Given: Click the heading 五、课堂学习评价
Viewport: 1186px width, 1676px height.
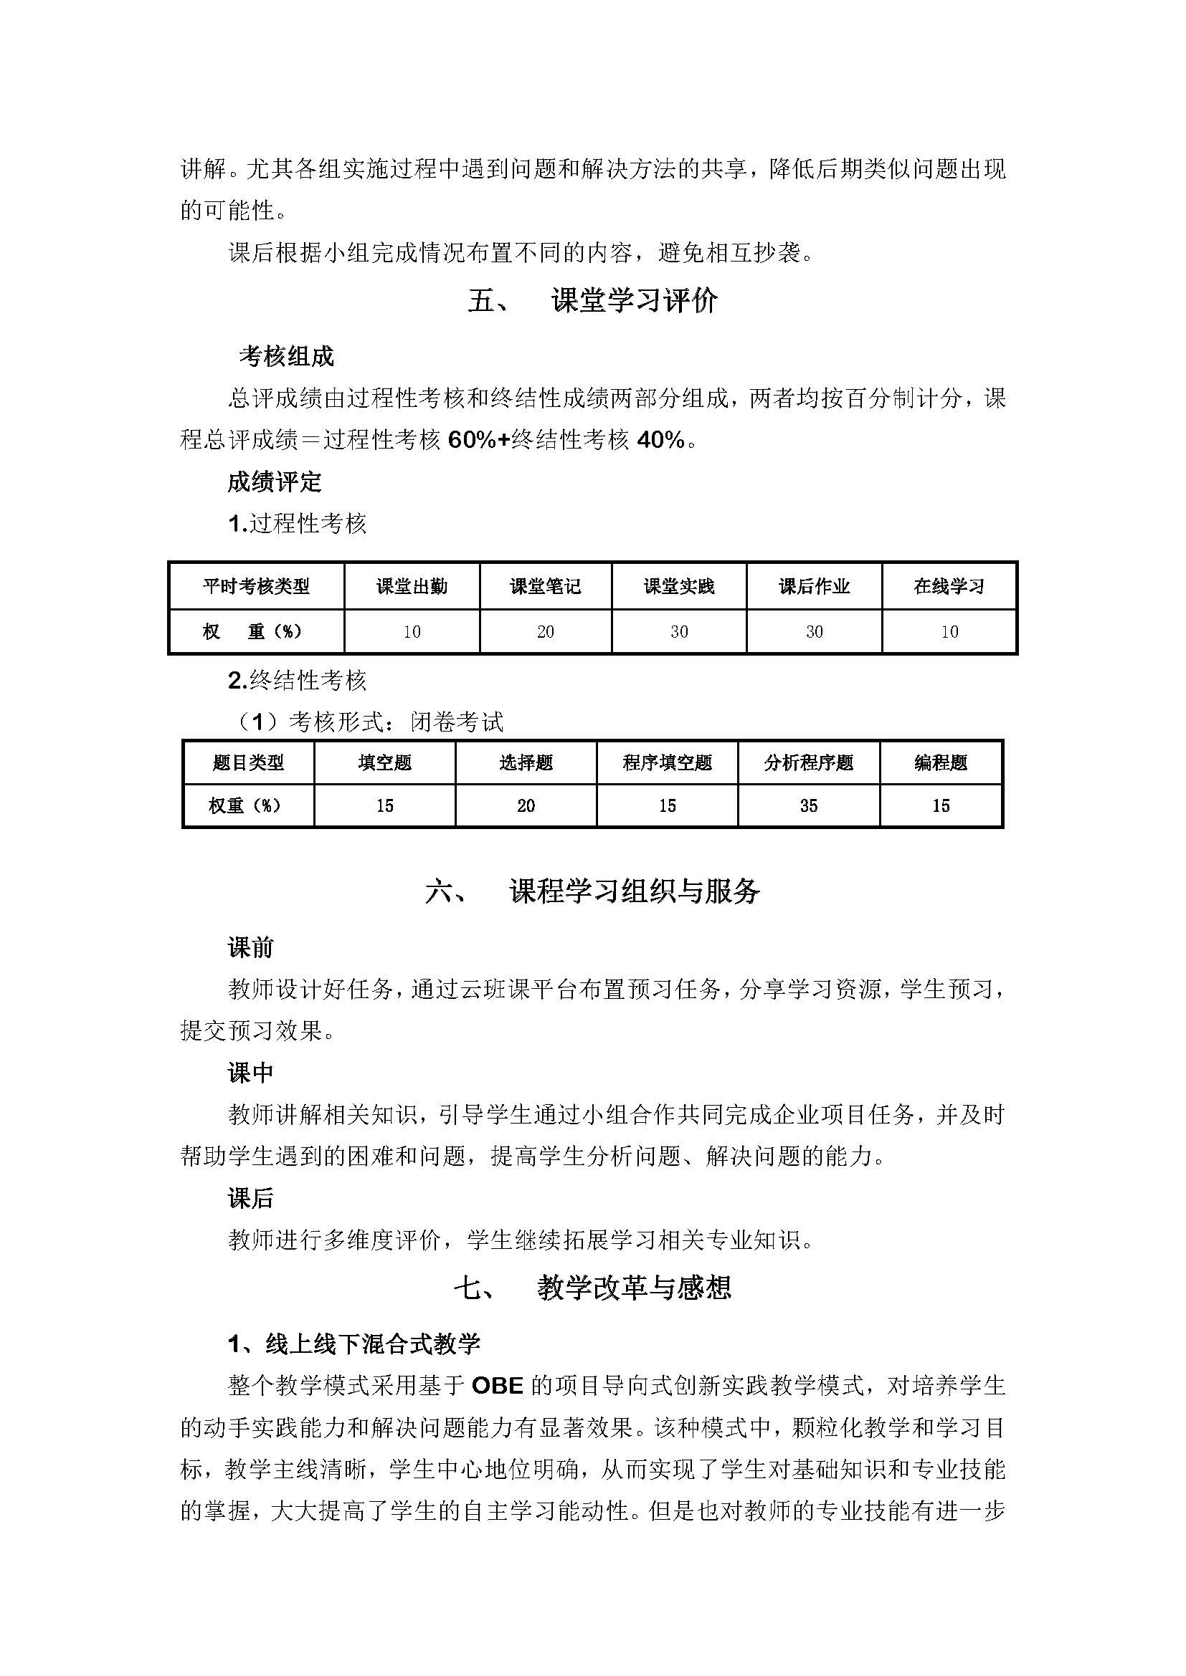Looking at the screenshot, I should pyautogui.click(x=592, y=300).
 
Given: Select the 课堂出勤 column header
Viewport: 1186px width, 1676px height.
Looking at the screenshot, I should pyautogui.click(x=412, y=586).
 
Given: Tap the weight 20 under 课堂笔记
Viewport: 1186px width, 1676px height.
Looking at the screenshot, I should pyautogui.click(x=546, y=631).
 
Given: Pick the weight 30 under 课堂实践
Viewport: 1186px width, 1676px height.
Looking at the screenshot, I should pyautogui.click(x=679, y=631).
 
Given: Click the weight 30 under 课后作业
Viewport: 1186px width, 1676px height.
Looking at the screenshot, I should pyautogui.click(x=815, y=631).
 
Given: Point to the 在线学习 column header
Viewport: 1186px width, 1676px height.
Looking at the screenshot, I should pyautogui.click(x=949, y=586).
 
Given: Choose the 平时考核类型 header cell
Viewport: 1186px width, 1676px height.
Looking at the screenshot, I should pyautogui.click(x=256, y=586).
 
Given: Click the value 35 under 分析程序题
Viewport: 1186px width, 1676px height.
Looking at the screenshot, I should pyautogui.click(x=808, y=806).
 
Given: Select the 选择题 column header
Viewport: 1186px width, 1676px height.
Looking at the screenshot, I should pyautogui.click(x=526, y=764).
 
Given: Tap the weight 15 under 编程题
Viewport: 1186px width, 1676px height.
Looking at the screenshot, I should pyautogui.click(x=941, y=806).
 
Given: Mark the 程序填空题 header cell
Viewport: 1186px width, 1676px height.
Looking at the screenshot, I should pyautogui.click(x=667, y=764).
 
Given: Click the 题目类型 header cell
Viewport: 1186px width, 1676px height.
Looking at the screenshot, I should pyautogui.click(x=248, y=764).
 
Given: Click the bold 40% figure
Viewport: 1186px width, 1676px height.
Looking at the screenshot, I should pyautogui.click(x=661, y=439).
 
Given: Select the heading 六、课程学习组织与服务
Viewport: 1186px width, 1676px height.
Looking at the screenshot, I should pyautogui.click(x=592, y=891).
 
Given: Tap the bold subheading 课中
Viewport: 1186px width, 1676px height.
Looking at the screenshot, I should pyautogui.click(x=250, y=1073).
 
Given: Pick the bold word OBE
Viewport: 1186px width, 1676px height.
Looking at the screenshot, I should pyautogui.click(x=498, y=1385).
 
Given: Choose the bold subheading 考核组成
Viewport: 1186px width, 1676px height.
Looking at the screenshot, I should pyautogui.click(x=286, y=356).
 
